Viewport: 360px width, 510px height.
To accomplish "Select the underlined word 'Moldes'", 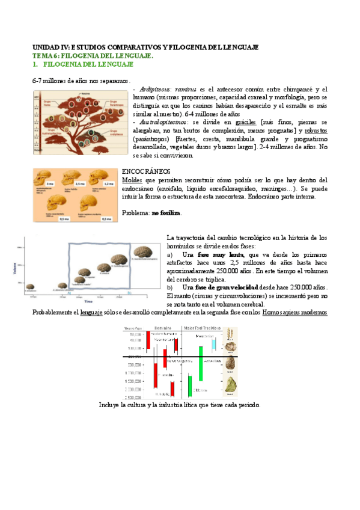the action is [132, 180].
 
